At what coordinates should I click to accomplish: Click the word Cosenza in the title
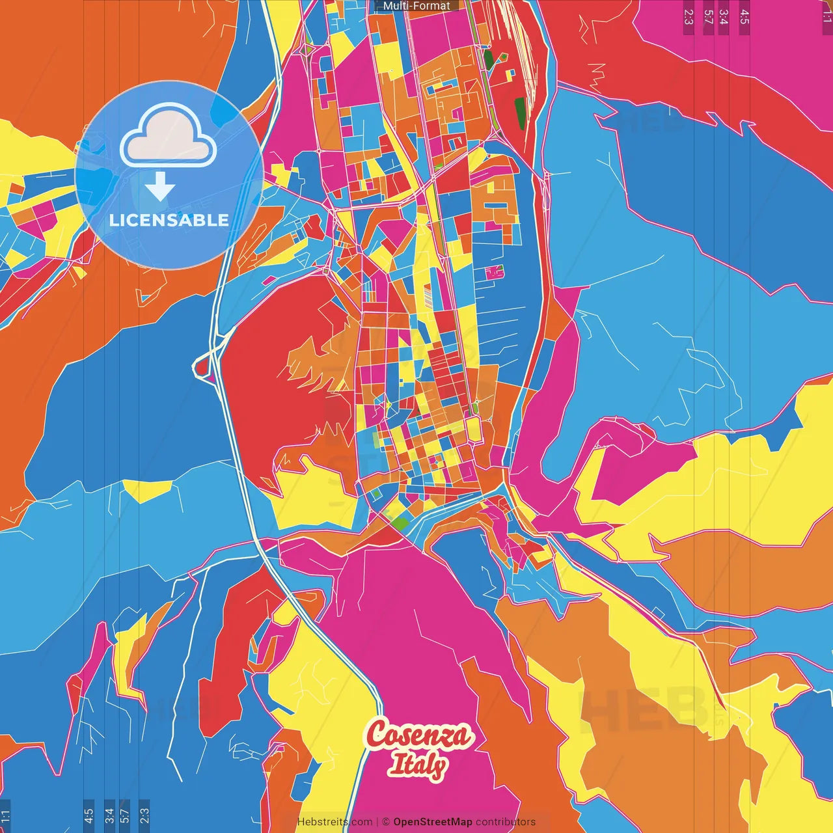coord(418,735)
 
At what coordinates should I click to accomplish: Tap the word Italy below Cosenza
coord(418,764)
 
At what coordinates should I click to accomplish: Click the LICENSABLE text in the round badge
coord(169,220)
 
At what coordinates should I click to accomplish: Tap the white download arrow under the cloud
coord(159,186)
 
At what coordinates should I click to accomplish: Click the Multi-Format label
coord(416,6)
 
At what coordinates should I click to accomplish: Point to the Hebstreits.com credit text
coord(335,822)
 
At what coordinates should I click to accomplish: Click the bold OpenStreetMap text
coord(433,822)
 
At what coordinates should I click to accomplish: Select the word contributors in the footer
coord(506,822)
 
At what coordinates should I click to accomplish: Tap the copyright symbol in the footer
coord(385,822)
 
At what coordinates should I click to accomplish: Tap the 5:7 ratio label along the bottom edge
coord(125,815)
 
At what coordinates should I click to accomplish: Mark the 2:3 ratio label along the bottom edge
coord(144,815)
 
